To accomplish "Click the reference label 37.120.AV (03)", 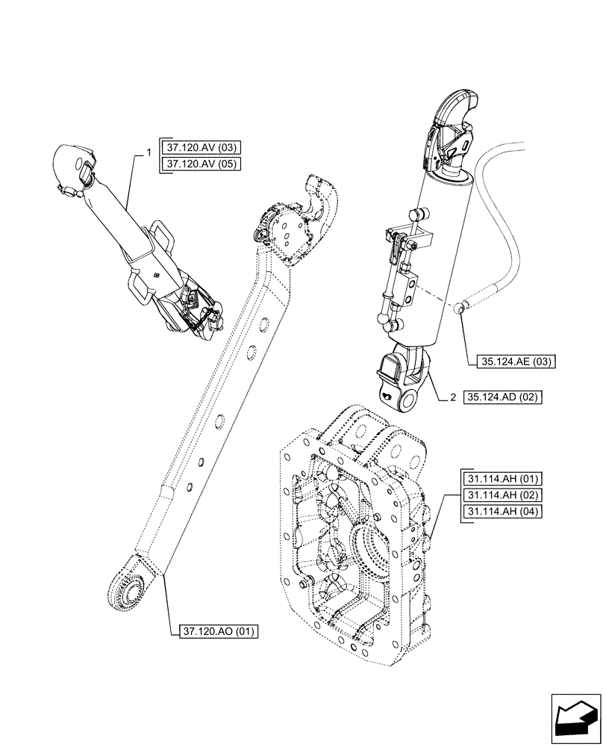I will [x=201, y=147].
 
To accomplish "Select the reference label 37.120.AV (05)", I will [x=201, y=164].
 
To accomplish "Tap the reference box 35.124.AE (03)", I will [x=514, y=362].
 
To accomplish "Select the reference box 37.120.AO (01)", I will [x=219, y=632].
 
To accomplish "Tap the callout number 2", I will [x=452, y=398].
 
